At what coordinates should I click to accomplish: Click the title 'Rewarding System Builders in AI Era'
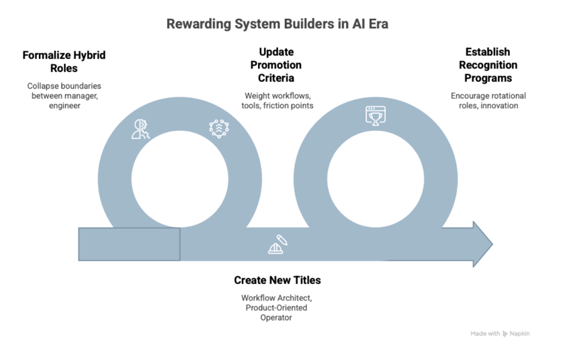pyautogui.click(x=277, y=24)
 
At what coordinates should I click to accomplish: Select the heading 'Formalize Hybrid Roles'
pyautogui.click(x=64, y=62)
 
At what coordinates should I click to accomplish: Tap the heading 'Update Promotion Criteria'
pyautogui.click(x=276, y=65)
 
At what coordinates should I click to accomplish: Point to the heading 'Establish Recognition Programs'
pyautogui.click(x=488, y=65)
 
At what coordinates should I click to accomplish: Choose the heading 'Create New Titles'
pyautogui.click(x=277, y=280)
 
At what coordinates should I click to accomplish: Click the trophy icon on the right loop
pyautogui.click(x=376, y=116)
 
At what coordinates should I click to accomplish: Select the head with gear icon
pyautogui.click(x=140, y=129)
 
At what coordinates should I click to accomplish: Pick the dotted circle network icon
pyautogui.click(x=219, y=129)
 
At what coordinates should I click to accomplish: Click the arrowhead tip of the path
pyautogui.click(x=492, y=244)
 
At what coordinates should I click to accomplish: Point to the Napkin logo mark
pyautogui.click(x=505, y=334)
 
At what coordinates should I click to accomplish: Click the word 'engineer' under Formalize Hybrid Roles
pyautogui.click(x=64, y=106)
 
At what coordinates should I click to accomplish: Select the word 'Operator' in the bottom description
pyautogui.click(x=276, y=318)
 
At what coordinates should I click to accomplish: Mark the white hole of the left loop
pyautogui.click(x=180, y=179)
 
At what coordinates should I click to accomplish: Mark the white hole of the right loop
pyautogui.click(x=376, y=179)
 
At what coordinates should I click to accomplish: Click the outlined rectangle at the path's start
pyautogui.click(x=130, y=244)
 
